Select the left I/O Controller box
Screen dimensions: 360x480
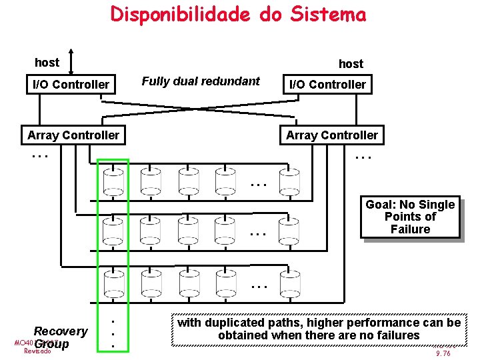click(71, 85)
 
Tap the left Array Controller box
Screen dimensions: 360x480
click(73, 135)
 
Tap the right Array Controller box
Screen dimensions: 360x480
click(331, 135)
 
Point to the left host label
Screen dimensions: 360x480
click(47, 63)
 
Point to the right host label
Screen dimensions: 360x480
click(351, 64)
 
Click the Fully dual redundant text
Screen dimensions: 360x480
click(201, 81)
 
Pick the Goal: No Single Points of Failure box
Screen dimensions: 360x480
click(410, 217)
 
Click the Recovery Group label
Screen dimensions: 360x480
click(60, 337)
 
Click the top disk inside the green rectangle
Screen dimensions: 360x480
click(113, 181)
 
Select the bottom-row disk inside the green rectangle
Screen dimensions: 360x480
click(113, 283)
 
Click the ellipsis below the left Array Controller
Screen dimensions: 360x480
click(40, 155)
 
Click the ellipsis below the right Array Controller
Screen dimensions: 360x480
click(363, 156)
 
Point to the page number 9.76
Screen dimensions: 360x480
click(443, 354)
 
